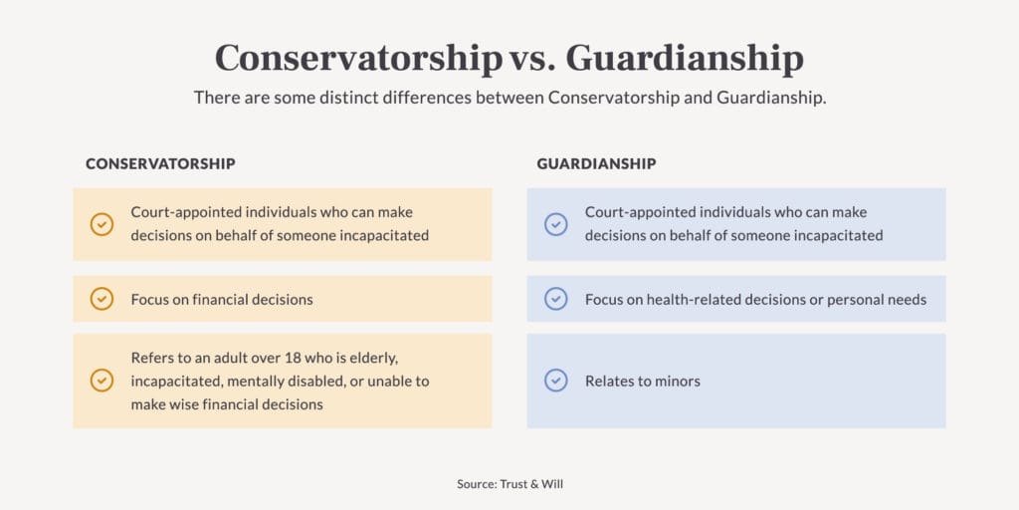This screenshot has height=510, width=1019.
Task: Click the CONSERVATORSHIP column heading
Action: point(160,163)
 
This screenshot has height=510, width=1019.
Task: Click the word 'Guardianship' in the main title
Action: point(685,59)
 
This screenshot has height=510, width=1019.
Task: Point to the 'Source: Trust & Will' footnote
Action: point(509,484)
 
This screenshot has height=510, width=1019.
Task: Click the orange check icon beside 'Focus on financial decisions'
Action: point(102,299)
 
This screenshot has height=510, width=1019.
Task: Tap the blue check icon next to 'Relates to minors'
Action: point(556,381)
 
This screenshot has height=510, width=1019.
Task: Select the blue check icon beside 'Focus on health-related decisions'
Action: point(556,299)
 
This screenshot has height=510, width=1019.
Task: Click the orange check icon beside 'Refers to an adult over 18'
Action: point(102,381)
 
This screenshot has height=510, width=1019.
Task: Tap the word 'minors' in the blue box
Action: point(677,381)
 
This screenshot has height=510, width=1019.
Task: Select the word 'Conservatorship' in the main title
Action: point(358,59)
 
